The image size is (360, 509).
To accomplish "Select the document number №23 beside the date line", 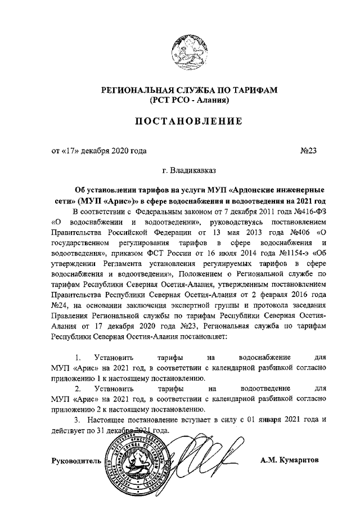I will [309, 150].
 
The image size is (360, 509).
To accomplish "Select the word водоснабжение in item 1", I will [264, 357].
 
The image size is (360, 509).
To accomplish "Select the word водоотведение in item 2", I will [264, 388].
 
